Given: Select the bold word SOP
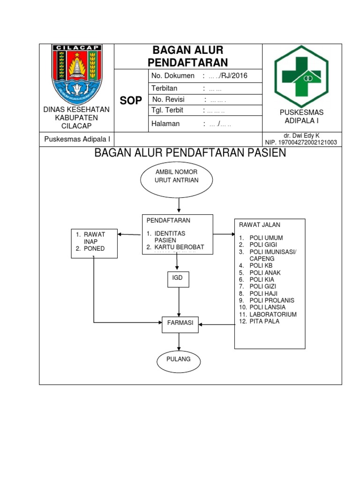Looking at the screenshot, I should (131, 101).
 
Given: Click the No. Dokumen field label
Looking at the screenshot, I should (172, 76).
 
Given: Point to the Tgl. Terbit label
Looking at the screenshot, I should (167, 111).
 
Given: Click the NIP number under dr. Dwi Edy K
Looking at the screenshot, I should (301, 142).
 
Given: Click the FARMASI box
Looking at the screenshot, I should (180, 322).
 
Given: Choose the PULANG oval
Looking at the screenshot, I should (178, 360).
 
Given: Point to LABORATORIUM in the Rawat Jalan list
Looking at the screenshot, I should (273, 314).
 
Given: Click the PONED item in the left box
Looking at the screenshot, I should (94, 249).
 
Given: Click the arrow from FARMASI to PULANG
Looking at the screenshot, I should (179, 341).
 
